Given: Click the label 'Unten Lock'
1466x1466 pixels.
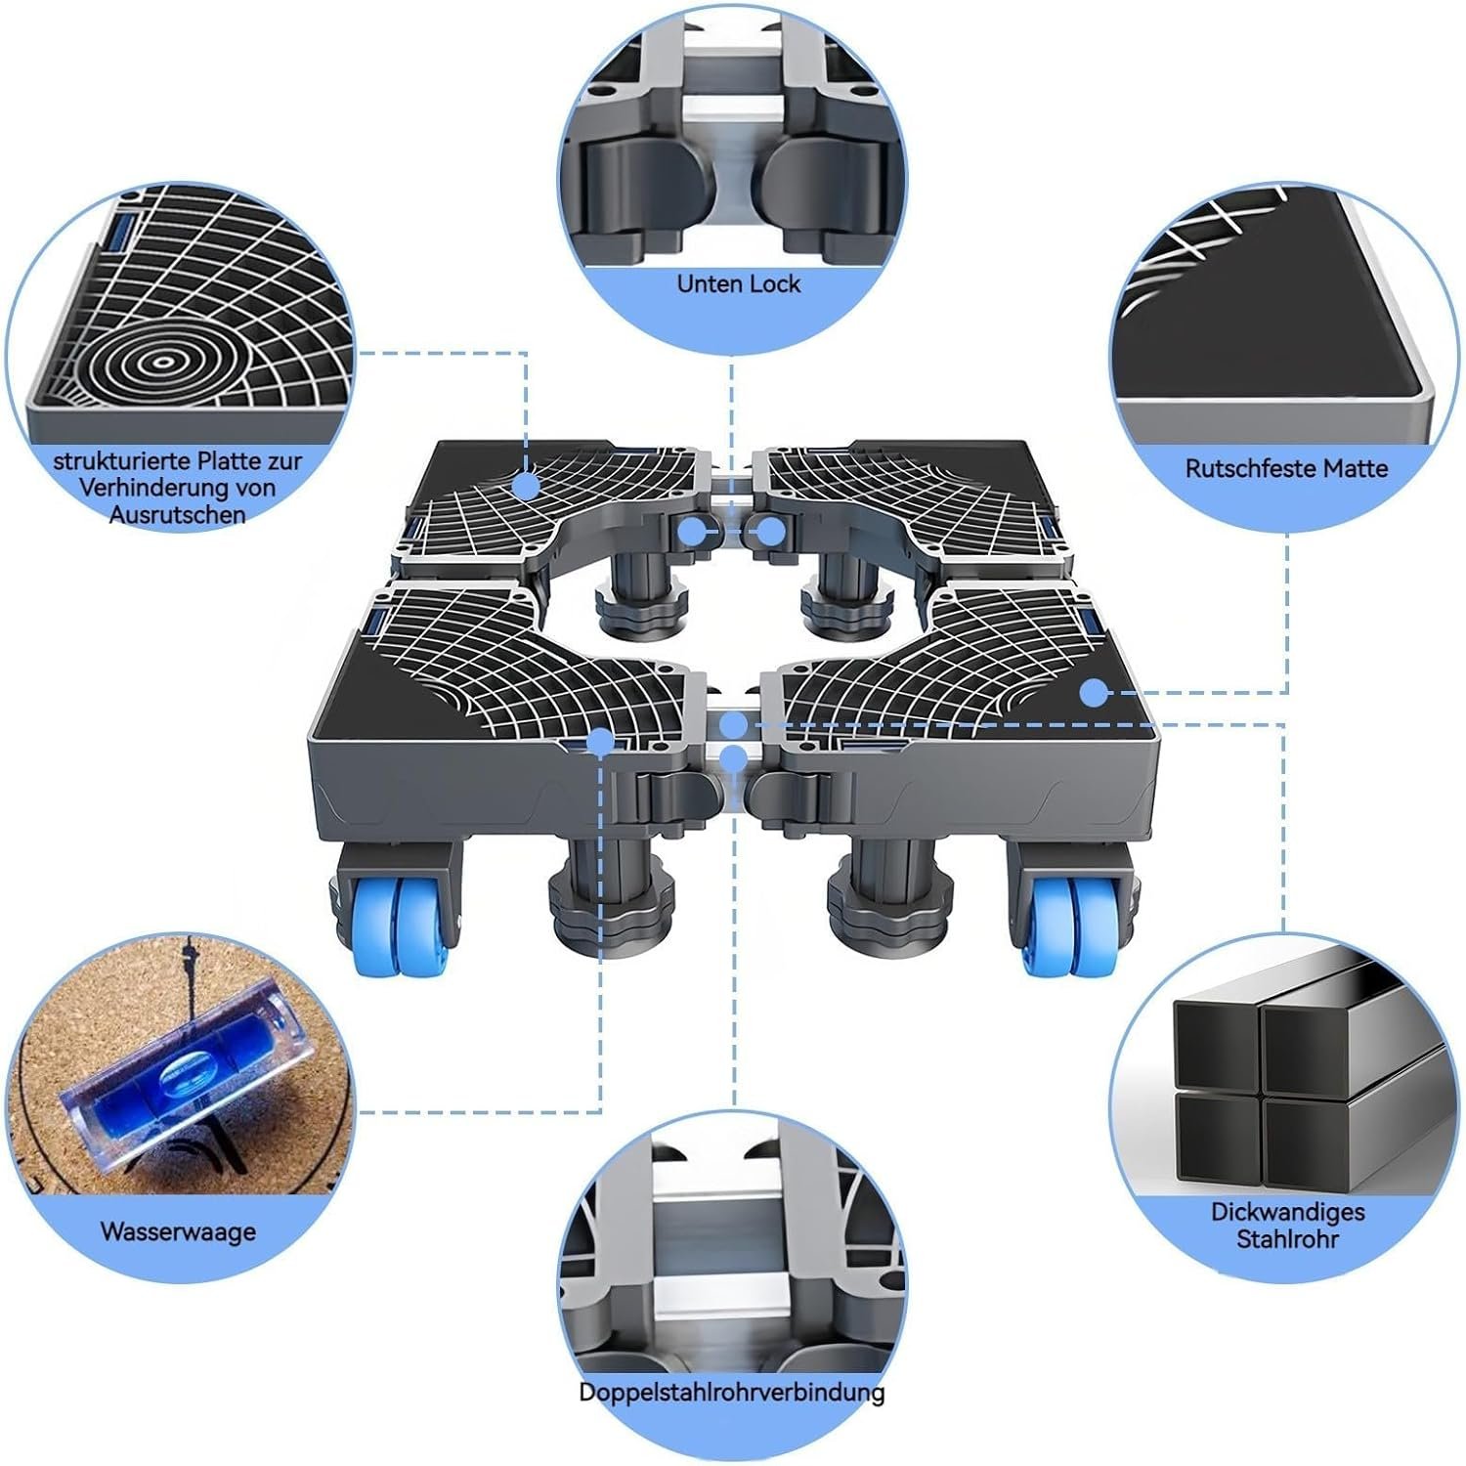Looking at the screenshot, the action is (x=738, y=283).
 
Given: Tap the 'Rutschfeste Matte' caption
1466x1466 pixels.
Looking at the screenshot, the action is (x=1286, y=468).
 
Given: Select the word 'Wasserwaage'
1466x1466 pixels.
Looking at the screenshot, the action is (x=178, y=1230).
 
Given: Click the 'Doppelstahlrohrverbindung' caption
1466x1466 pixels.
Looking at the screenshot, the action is (x=732, y=1392).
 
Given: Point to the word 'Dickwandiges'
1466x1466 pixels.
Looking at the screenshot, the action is (x=1287, y=1212).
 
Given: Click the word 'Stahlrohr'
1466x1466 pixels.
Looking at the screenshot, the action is (x=1287, y=1239).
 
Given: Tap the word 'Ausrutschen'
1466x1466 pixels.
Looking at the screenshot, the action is (x=178, y=514).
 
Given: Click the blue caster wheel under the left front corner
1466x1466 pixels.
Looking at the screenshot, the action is (x=400, y=925).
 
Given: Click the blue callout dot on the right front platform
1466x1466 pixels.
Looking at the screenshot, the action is (x=1094, y=693).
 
